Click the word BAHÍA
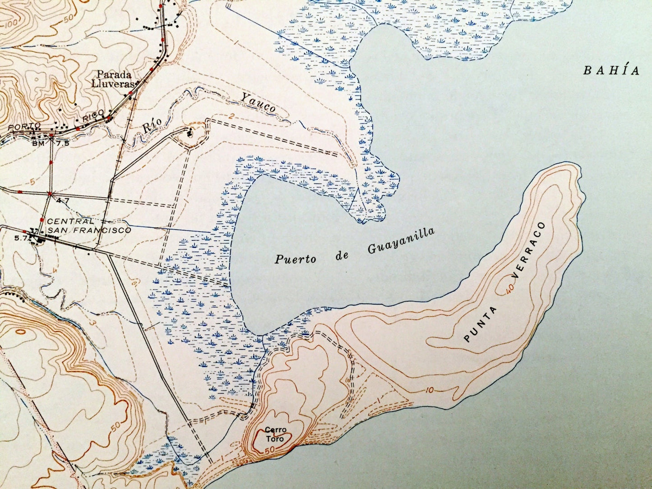(611, 70)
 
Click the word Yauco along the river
(258, 102)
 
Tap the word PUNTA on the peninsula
(481, 323)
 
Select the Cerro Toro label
(275, 434)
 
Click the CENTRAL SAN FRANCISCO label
(89, 226)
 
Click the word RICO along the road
(93, 115)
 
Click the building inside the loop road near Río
(190, 133)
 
